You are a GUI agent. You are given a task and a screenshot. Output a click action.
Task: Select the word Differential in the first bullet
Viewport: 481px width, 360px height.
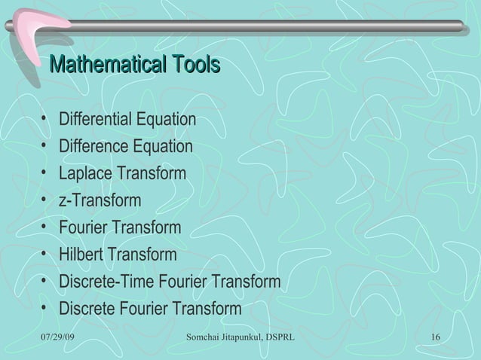tap(97, 120)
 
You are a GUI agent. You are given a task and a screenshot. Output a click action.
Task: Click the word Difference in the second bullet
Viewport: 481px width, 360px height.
tap(95, 146)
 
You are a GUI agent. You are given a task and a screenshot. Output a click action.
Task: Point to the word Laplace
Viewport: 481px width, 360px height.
tap(84, 174)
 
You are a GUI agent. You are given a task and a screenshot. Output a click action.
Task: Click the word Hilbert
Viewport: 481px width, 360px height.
tap(81, 255)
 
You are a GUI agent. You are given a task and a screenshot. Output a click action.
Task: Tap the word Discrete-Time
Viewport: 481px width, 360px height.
tap(105, 282)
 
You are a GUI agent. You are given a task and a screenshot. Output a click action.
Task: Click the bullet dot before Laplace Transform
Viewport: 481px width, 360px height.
tap(47, 174)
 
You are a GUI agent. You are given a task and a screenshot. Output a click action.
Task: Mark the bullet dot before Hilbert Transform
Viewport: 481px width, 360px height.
tap(47, 255)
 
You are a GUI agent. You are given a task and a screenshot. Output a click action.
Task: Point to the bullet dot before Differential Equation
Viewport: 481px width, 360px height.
tap(47, 120)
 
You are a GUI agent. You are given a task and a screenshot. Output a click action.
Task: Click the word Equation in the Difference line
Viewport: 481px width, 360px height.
tap(164, 146)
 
